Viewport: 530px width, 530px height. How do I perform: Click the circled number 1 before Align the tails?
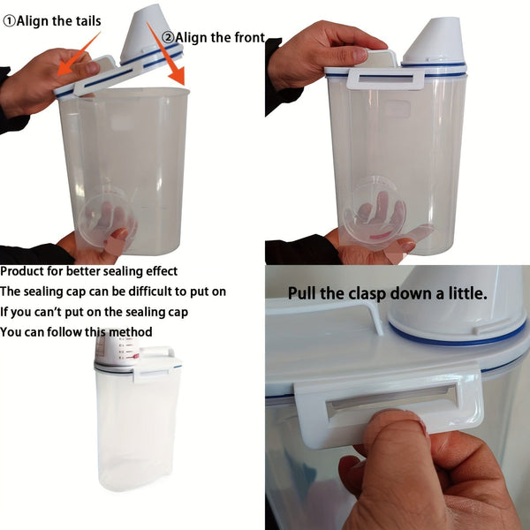click(x=9, y=20)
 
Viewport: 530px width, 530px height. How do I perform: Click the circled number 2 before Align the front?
click(x=166, y=37)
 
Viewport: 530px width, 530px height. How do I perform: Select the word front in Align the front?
click(x=245, y=37)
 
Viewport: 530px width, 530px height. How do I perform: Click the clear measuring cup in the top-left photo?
click(x=106, y=221)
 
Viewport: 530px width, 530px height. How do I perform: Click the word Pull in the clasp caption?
click(x=305, y=293)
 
